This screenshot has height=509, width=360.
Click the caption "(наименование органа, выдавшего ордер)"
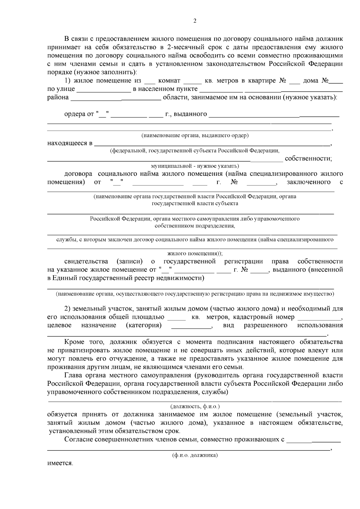coord(195,135)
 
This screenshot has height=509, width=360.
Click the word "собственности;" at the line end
coord(308,158)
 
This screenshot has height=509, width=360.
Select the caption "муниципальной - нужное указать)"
coord(195,166)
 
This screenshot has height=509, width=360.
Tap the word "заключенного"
coord(309,182)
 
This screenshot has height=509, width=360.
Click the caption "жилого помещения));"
coord(195,253)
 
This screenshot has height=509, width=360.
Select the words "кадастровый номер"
coord(264,317)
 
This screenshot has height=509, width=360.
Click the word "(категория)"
coord(143,325)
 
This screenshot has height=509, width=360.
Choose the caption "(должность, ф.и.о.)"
coord(195,406)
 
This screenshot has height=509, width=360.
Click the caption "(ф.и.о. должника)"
coord(195,455)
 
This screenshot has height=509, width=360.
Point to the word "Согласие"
coord(78,440)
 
